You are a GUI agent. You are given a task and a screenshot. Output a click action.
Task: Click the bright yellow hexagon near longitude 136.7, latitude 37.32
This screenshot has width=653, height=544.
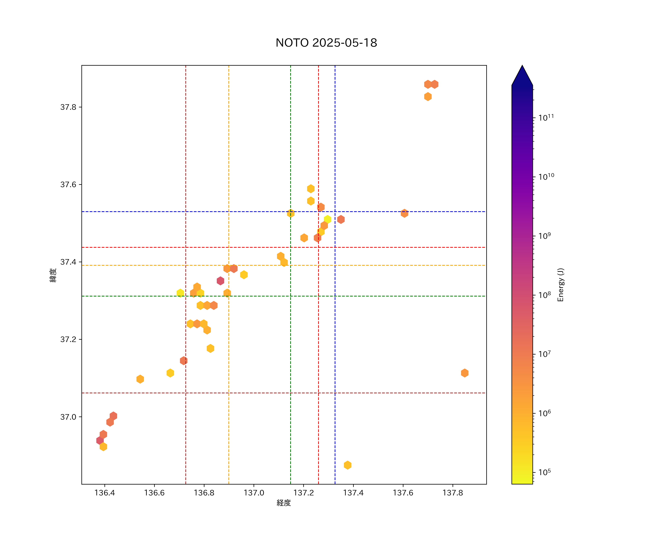(180, 293)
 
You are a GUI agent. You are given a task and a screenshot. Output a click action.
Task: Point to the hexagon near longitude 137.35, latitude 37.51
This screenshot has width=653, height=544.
(341, 219)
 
